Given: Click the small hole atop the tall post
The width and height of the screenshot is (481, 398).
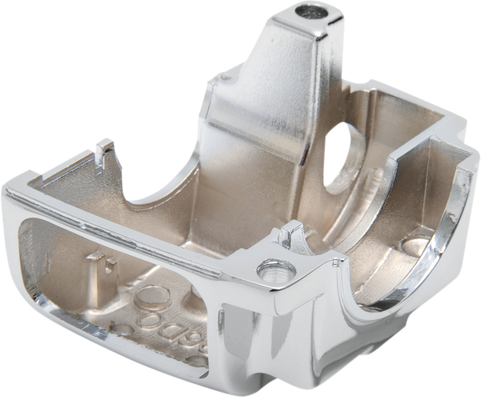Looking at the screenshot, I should tap(311, 11).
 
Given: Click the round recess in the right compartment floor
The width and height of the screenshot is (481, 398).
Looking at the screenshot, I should tap(415, 245).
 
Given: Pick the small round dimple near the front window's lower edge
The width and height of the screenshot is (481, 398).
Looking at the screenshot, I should tap(121, 329).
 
